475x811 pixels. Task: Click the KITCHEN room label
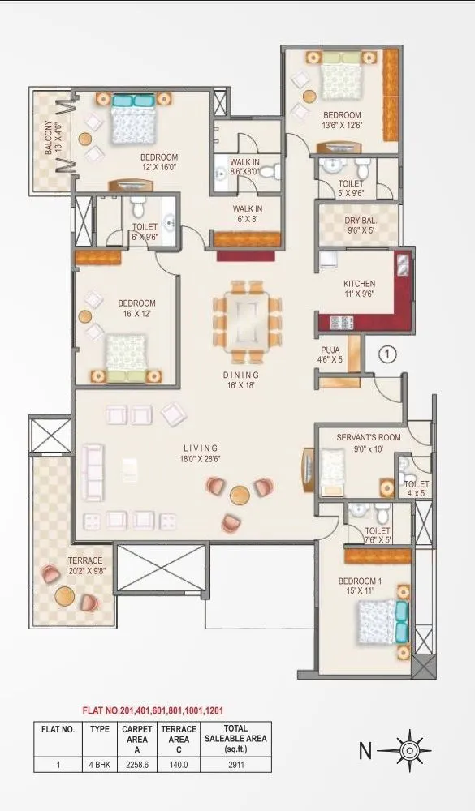point(358,290)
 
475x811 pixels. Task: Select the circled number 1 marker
point(388,354)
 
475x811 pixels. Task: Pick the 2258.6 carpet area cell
point(137,764)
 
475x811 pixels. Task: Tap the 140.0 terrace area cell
point(178,764)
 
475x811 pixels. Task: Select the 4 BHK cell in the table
point(99,764)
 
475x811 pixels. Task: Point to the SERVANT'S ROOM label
point(369,443)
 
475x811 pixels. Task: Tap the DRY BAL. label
point(358,224)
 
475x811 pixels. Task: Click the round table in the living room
point(239,495)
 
